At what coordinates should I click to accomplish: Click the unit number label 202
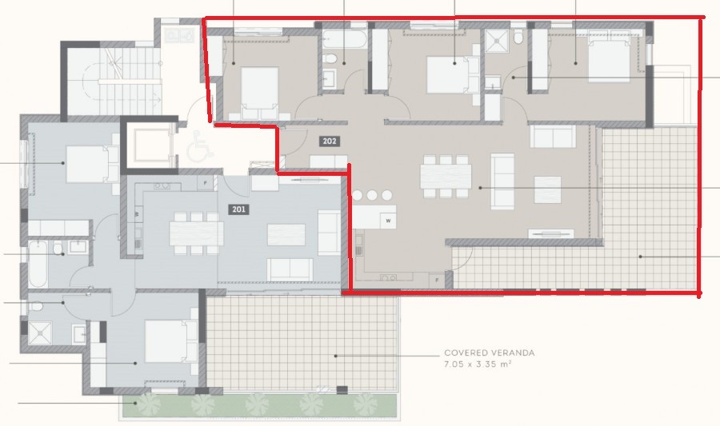click(x=329, y=141)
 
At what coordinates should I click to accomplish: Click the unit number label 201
click(x=239, y=210)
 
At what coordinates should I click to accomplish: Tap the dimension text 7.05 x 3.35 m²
click(x=478, y=364)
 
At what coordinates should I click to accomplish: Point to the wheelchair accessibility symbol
click(x=196, y=147)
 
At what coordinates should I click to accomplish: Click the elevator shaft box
click(x=148, y=145)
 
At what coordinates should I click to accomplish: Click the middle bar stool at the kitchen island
click(x=373, y=195)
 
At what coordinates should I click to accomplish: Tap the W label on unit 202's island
click(x=387, y=220)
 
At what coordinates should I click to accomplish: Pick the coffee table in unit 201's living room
click(x=286, y=235)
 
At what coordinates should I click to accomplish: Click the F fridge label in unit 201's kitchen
click(x=205, y=183)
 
